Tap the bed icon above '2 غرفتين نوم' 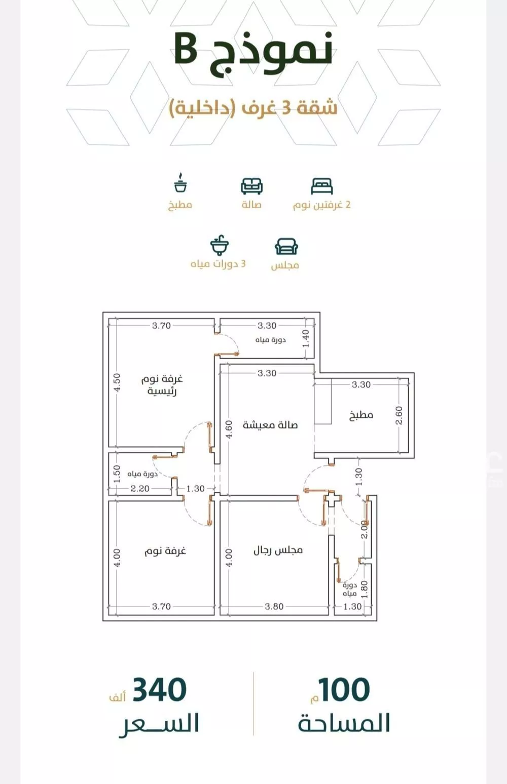(321, 186)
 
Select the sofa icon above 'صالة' (251, 186)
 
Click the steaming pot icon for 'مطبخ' (180, 182)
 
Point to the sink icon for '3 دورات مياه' (220, 245)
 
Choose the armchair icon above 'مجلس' (286, 247)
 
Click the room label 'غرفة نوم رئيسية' (162, 385)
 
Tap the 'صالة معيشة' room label (270, 424)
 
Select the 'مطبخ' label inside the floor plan (361, 415)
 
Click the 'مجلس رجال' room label (278, 550)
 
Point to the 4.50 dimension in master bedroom (117, 382)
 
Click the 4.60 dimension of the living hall (228, 430)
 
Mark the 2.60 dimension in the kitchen (399, 415)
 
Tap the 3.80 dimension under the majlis (274, 606)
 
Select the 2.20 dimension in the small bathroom (140, 488)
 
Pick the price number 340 (159, 689)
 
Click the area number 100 (344, 689)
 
